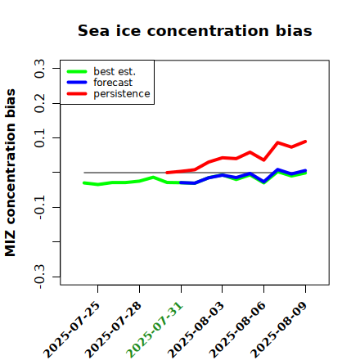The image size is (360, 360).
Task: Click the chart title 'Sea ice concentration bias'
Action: click(x=195, y=30)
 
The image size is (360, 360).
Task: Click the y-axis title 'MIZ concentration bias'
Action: click(x=10, y=173)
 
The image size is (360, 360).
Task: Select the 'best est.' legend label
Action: click(x=115, y=71)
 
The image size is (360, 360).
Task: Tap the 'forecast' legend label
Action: click(x=113, y=83)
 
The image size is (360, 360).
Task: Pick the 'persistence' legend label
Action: click(x=122, y=94)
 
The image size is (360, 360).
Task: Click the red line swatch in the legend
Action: click(x=77, y=94)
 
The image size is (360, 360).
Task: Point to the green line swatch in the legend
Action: click(x=77, y=72)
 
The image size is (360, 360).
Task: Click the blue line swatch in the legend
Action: click(x=77, y=83)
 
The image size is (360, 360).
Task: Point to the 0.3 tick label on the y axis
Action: click(x=39, y=69)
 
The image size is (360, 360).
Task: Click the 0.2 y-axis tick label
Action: click(x=39, y=103)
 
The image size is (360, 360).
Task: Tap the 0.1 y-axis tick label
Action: click(x=39, y=138)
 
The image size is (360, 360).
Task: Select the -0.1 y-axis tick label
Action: click(x=39, y=208)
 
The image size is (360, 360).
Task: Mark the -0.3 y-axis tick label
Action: click(x=39, y=277)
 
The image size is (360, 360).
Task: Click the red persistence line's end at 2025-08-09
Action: click(x=305, y=142)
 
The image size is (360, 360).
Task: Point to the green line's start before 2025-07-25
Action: click(x=84, y=183)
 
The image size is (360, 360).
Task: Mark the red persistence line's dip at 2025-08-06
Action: click(x=263, y=160)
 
